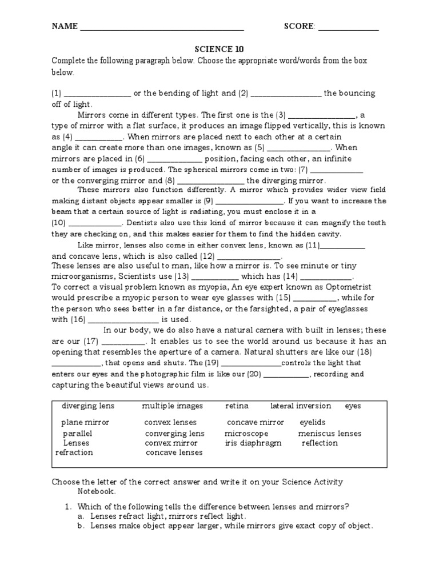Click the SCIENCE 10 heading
point(219,49)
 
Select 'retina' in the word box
point(237,406)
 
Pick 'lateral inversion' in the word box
point(301,406)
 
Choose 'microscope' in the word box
point(246,434)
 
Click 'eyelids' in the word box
point(313,422)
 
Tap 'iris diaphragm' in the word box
point(253,443)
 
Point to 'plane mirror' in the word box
point(85,422)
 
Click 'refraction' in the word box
point(74,452)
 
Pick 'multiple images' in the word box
point(173,406)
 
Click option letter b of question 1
point(81,526)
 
